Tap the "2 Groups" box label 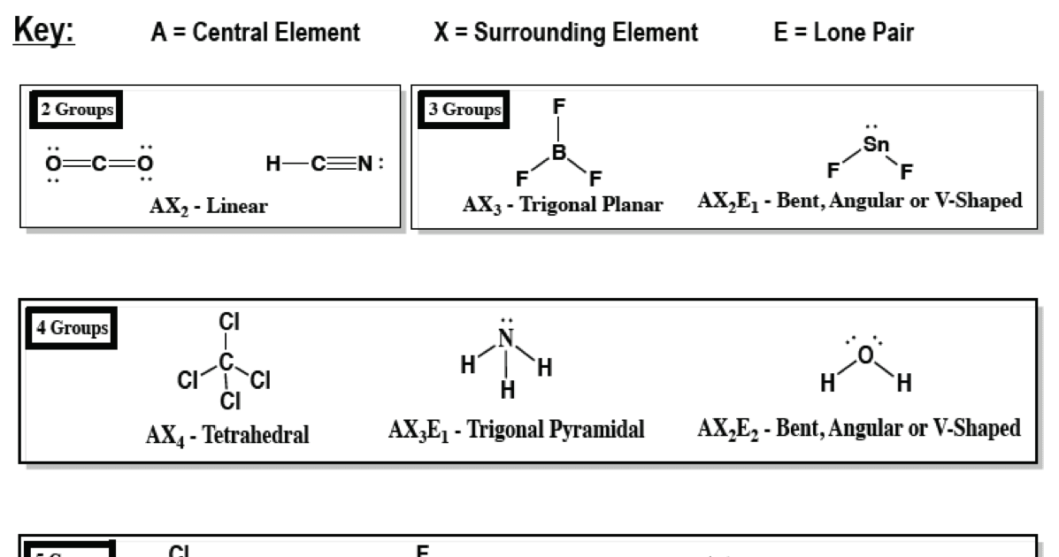(x=76, y=111)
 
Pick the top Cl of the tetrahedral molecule (x=228, y=322)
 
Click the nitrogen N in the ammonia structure (x=505, y=338)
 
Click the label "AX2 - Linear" (x=209, y=208)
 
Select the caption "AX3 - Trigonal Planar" (x=563, y=205)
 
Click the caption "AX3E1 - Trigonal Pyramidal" (x=516, y=431)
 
